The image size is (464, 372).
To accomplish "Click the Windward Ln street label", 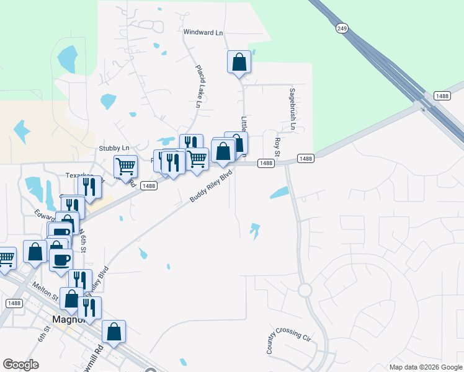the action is tap(202, 31).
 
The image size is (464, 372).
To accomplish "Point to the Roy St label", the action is tap(277, 147).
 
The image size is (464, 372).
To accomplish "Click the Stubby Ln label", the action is tap(114, 148).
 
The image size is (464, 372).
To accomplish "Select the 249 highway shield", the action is tap(342, 28).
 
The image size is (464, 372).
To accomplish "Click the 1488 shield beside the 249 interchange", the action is tap(442, 95).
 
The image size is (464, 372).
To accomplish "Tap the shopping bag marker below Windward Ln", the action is tap(239, 63).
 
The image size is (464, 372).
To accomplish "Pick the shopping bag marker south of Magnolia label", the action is tap(114, 332).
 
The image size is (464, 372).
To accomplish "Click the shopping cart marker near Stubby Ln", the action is tap(125, 166).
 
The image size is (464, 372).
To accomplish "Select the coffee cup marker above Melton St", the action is tap(61, 260).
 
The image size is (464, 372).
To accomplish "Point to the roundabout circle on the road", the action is tap(305, 290).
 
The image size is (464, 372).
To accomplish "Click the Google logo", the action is tap(21, 364).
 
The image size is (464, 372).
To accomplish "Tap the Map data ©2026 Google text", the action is tap(425, 367).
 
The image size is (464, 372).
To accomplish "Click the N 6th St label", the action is tap(82, 238).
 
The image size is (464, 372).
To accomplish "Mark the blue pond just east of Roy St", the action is tap(279, 193).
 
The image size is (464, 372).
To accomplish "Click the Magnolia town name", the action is tap(65, 320).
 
